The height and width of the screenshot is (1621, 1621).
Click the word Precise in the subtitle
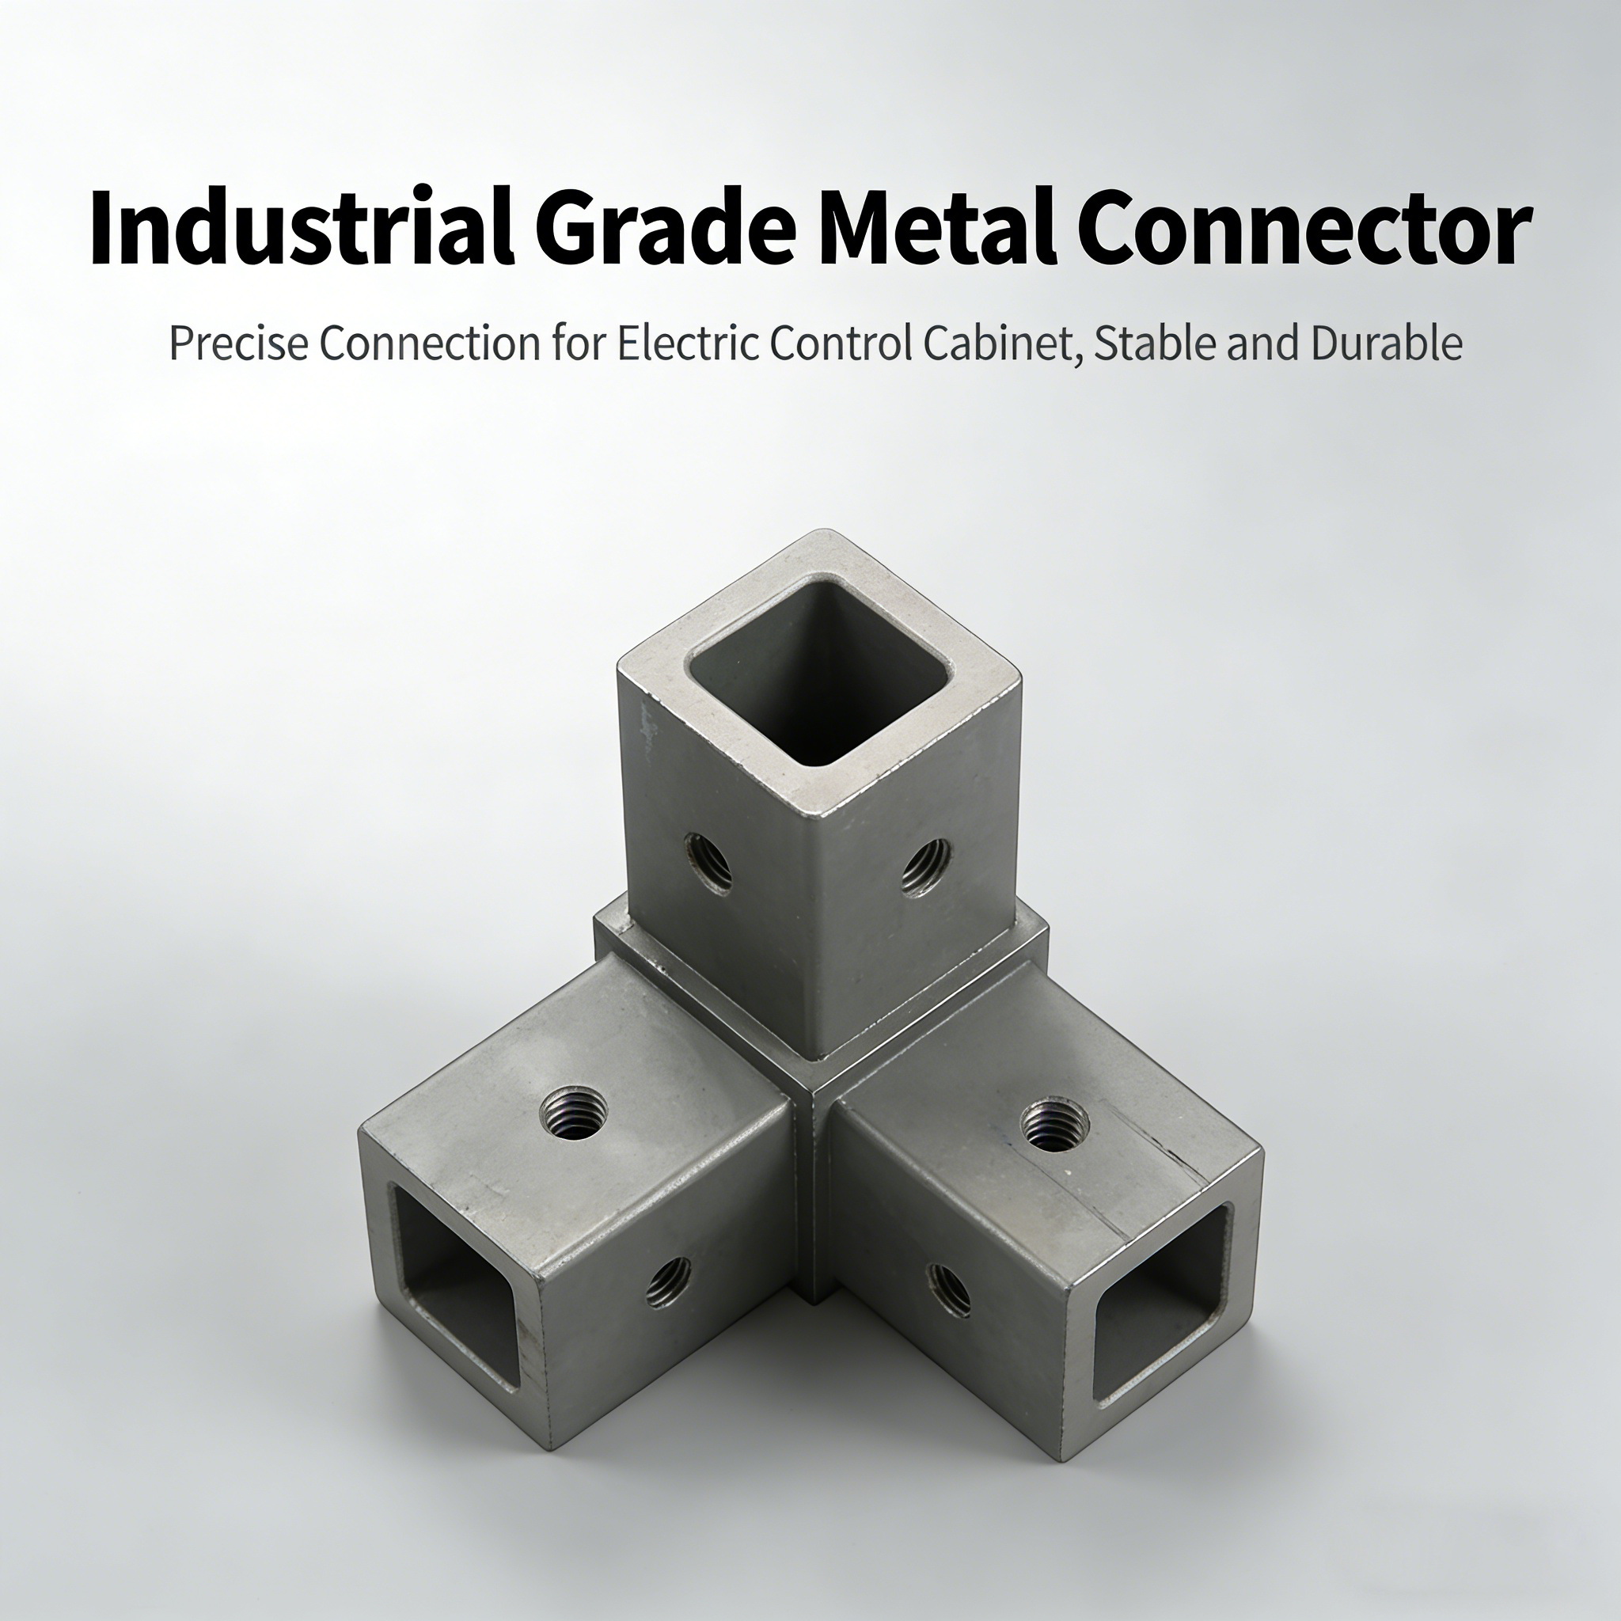238,344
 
